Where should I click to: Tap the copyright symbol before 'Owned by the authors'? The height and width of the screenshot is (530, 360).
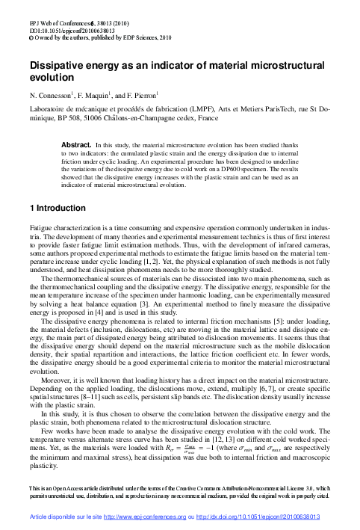tap(31, 22)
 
